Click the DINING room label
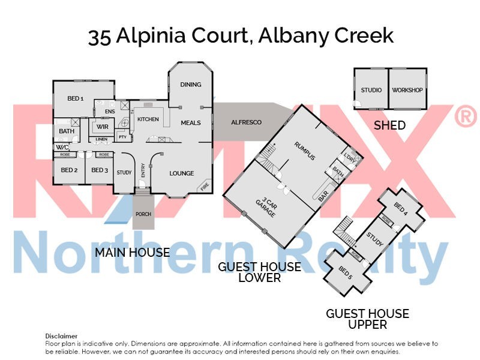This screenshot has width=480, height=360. click(191, 85)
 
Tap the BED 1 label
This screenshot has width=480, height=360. click(74, 98)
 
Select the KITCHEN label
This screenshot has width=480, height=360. click(148, 119)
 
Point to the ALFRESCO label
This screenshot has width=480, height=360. click(246, 122)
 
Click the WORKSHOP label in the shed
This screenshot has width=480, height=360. click(407, 91)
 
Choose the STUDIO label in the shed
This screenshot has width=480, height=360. click(371, 91)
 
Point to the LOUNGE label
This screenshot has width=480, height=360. click(181, 173)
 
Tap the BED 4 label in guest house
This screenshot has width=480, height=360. click(400, 208)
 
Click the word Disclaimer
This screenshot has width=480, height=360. click(62, 336)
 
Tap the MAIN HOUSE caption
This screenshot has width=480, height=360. click(132, 253)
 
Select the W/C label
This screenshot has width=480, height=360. click(62, 147)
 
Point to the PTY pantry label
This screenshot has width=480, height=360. click(122, 137)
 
